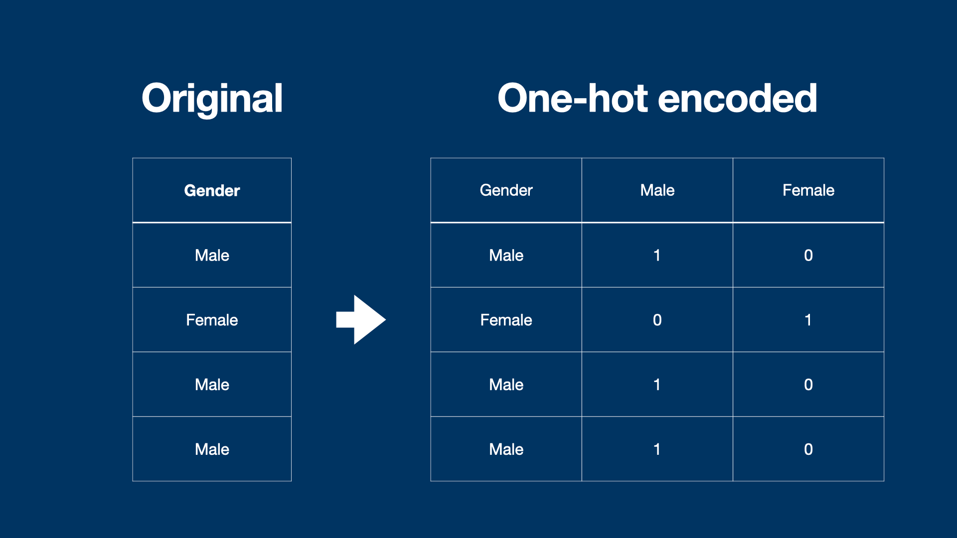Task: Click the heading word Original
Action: point(212,99)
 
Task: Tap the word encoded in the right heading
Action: point(737,99)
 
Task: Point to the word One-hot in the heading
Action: point(573,99)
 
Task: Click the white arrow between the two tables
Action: point(361,319)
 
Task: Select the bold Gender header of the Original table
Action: point(212,190)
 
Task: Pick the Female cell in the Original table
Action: point(212,320)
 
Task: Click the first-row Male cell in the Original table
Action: point(212,255)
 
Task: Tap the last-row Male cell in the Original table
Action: point(212,449)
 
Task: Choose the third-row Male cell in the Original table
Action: point(212,385)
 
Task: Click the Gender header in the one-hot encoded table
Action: point(506,190)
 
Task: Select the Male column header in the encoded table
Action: point(657,190)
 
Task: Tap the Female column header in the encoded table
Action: point(808,190)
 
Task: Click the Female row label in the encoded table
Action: point(506,320)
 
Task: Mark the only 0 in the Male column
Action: point(657,320)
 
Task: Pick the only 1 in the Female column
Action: point(808,320)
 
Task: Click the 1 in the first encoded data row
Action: point(657,255)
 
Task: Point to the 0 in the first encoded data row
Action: point(808,255)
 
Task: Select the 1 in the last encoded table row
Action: point(657,449)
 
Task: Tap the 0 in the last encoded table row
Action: point(808,449)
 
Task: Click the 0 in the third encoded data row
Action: point(808,385)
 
